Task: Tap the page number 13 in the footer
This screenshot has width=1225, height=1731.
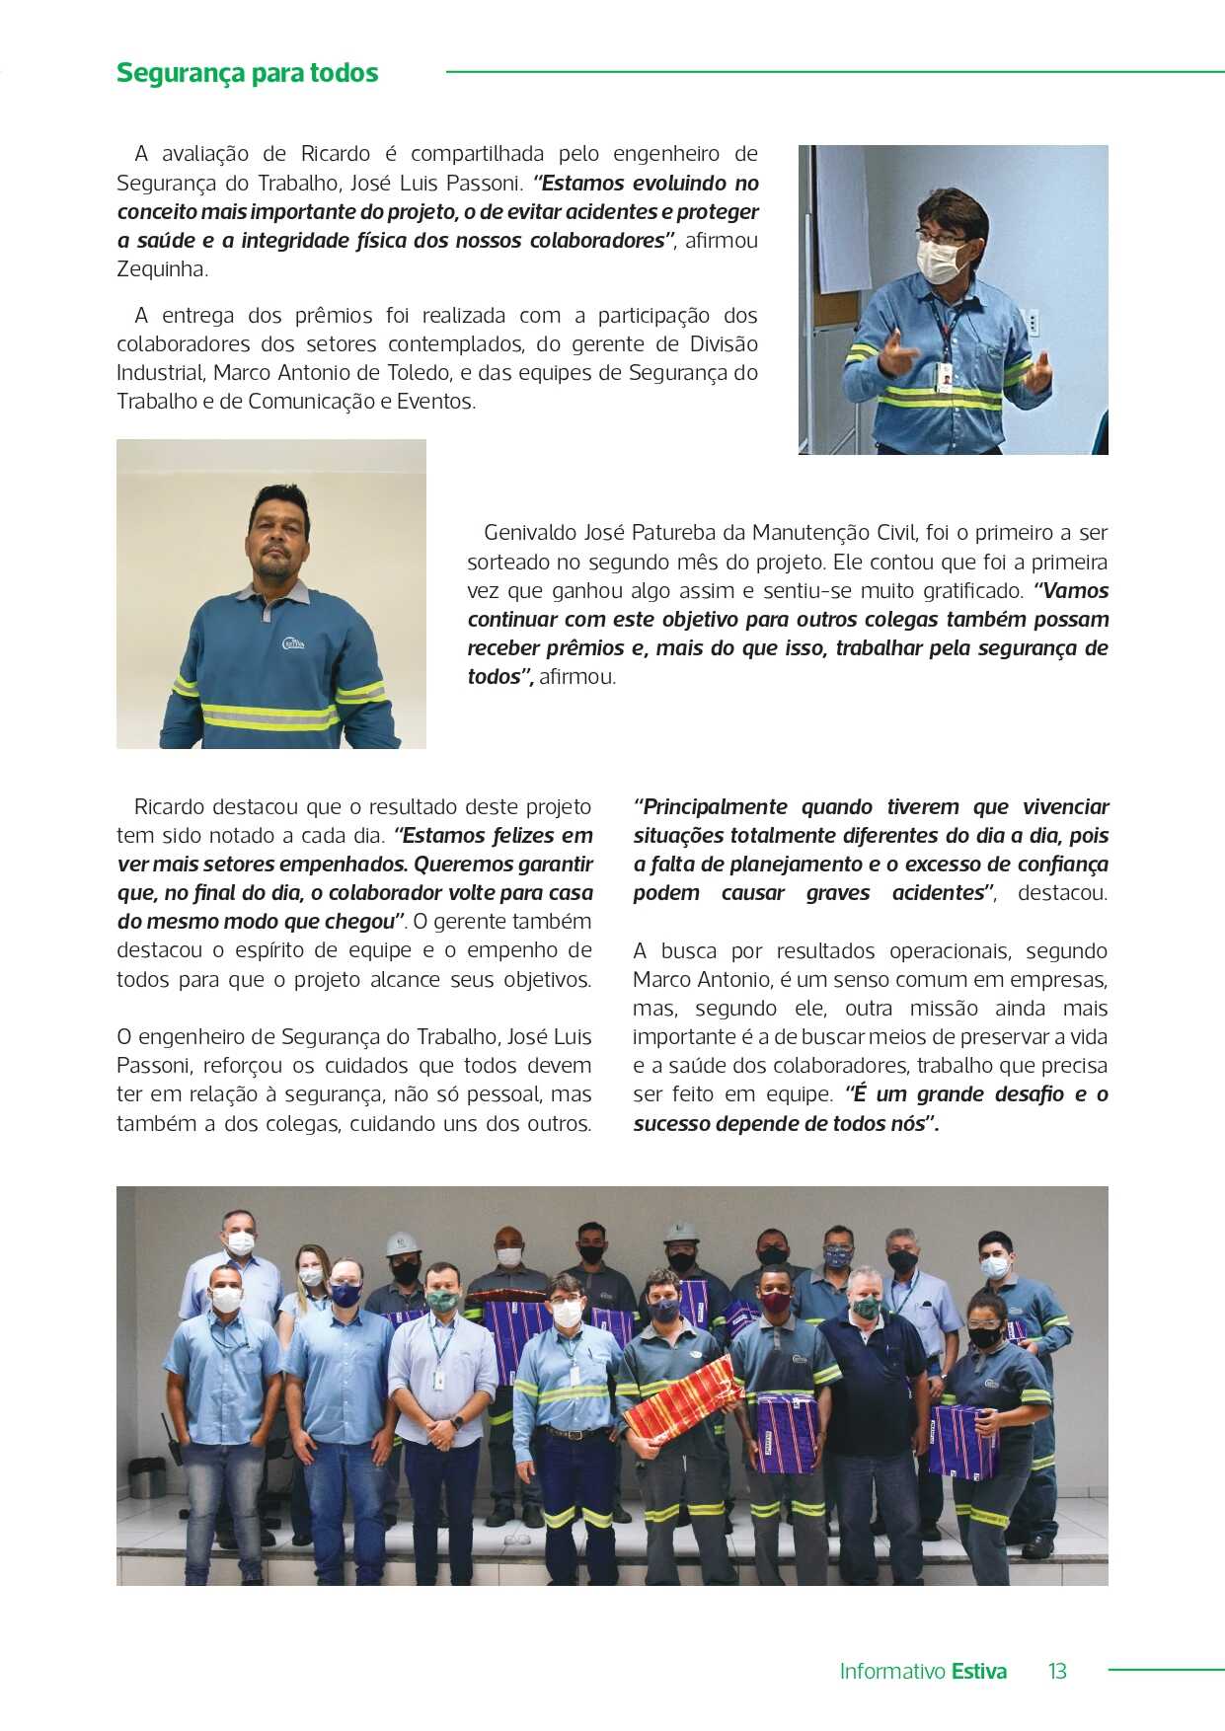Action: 1057,1671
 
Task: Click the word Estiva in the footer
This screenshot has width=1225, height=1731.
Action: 978,1671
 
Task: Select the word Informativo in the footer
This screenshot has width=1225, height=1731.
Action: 891,1671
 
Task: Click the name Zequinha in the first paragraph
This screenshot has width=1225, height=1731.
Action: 161,269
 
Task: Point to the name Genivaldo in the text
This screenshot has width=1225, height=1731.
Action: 530,533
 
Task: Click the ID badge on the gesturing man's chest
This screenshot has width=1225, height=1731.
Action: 945,377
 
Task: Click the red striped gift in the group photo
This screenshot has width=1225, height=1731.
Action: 681,1396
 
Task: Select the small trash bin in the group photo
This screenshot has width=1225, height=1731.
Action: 147,1475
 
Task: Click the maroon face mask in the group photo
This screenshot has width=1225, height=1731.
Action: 775,1303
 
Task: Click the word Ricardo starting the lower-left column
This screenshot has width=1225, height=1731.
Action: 170,807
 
